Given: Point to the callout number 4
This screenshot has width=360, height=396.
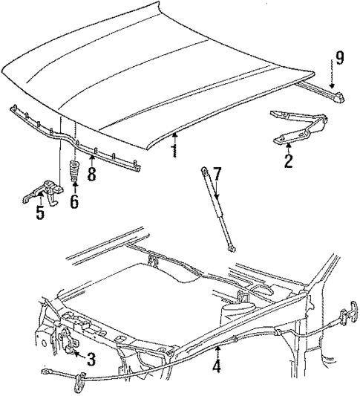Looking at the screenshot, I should pyautogui.click(x=217, y=366).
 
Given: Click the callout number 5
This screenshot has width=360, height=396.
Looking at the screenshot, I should pyautogui.click(x=39, y=214).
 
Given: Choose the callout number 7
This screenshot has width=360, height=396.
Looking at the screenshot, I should pyautogui.click(x=217, y=175).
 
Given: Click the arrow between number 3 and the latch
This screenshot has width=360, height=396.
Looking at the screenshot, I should pyautogui.click(x=77, y=357).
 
